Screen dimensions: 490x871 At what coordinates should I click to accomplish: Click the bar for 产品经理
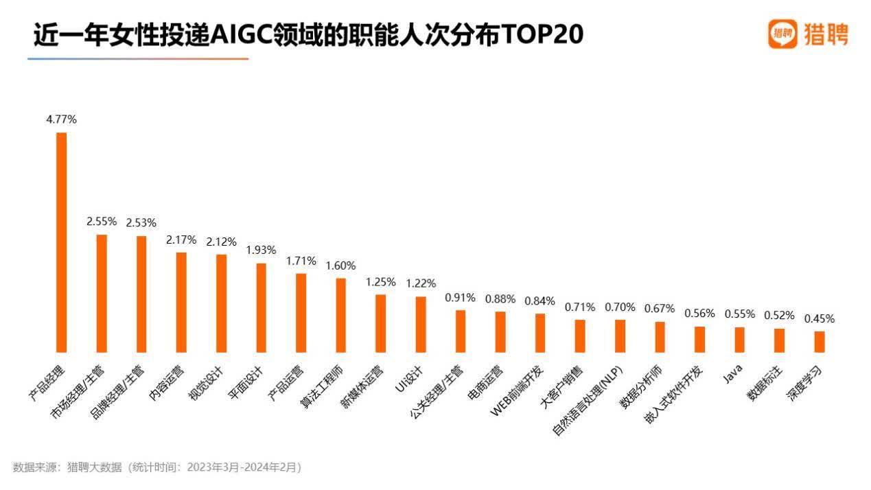(61, 242)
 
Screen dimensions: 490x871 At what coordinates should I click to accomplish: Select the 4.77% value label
(61, 119)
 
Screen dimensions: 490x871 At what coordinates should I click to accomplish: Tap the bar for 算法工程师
(340, 315)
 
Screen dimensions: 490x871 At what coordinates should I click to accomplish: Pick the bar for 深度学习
(820, 341)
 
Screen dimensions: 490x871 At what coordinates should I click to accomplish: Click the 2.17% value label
(181, 240)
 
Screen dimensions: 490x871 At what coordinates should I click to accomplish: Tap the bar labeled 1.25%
(380, 323)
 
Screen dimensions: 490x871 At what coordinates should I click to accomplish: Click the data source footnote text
(157, 467)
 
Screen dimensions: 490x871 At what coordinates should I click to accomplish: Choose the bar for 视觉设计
(221, 303)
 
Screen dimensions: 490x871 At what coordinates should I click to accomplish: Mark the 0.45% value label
(820, 318)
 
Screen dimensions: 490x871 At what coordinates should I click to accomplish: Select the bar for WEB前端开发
(540, 332)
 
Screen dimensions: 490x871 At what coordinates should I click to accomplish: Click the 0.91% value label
(460, 298)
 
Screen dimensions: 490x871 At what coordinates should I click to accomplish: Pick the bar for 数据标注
(780, 340)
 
